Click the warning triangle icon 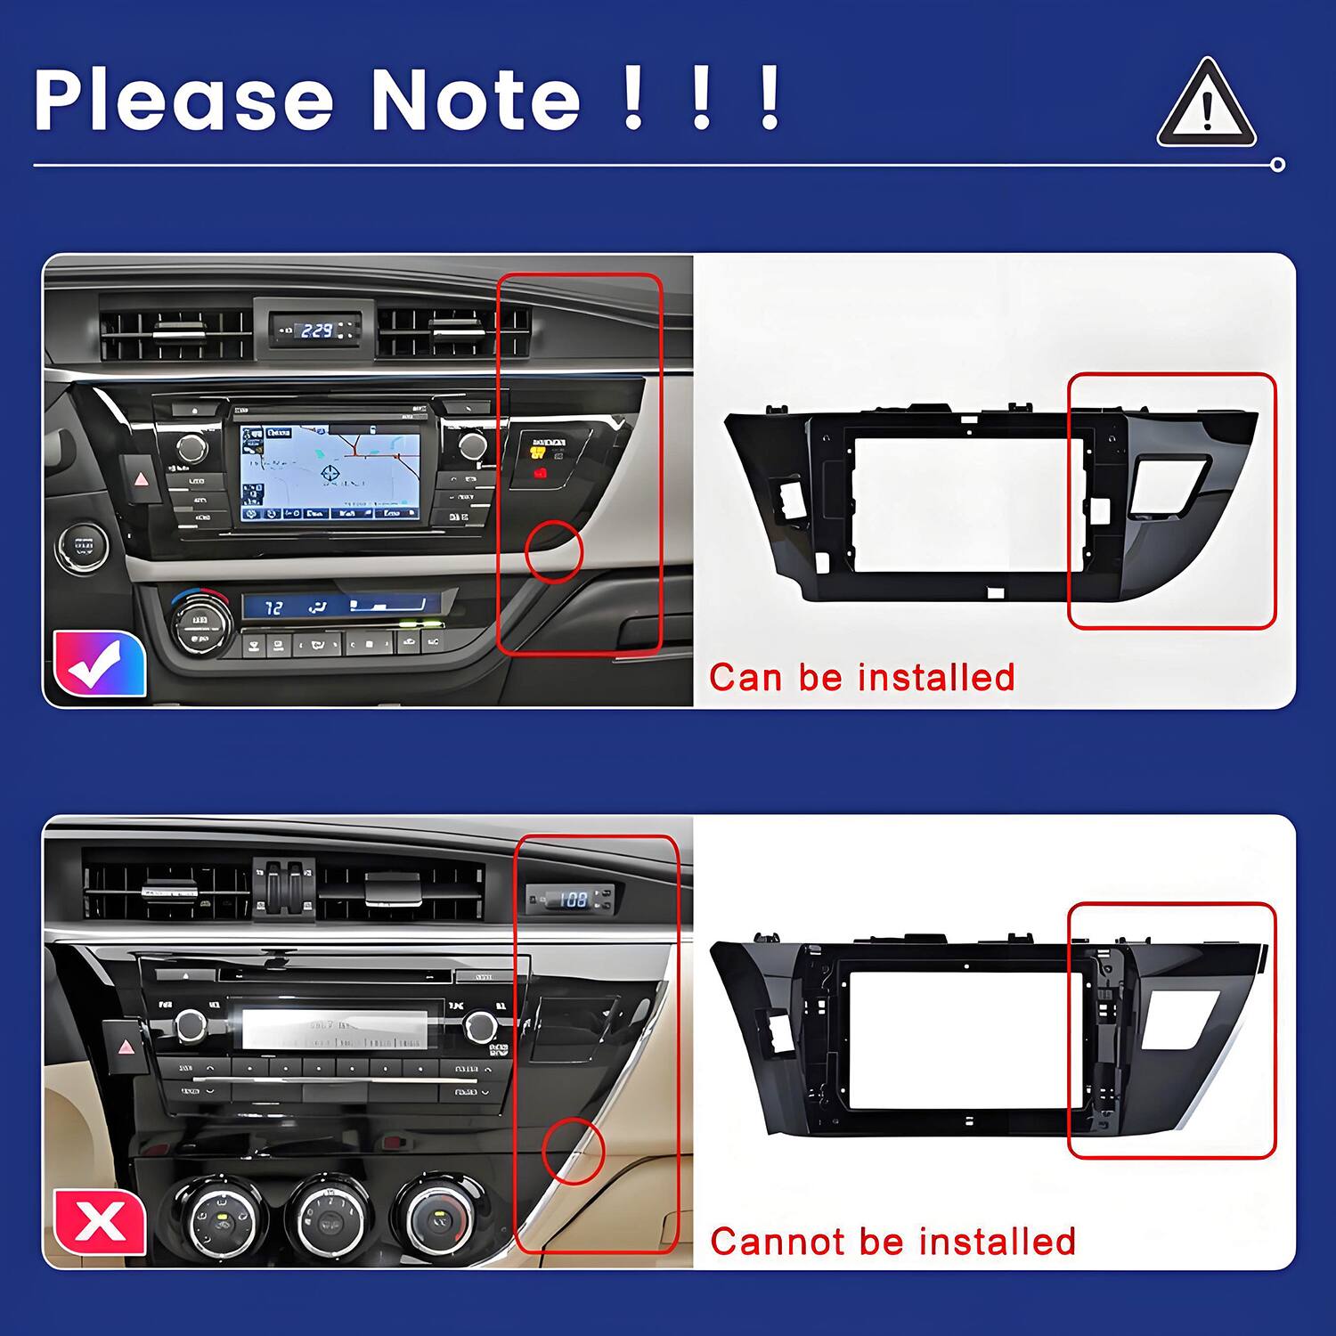tap(1206, 106)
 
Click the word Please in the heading tap(183, 100)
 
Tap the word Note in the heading tap(476, 100)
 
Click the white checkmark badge tap(99, 663)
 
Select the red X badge tap(100, 1221)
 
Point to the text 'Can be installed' tap(861, 678)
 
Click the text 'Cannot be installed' tap(892, 1242)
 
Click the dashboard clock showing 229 tap(316, 330)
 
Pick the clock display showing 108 tap(571, 900)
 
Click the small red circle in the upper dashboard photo tap(554, 552)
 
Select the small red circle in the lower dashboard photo tap(574, 1152)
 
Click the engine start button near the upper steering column tap(84, 545)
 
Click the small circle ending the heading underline tap(1278, 165)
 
